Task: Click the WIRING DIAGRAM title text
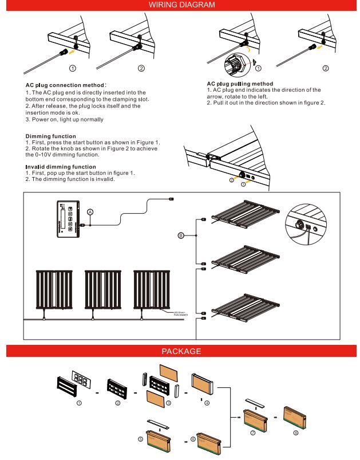[180, 5]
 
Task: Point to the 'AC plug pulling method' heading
[243, 84]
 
